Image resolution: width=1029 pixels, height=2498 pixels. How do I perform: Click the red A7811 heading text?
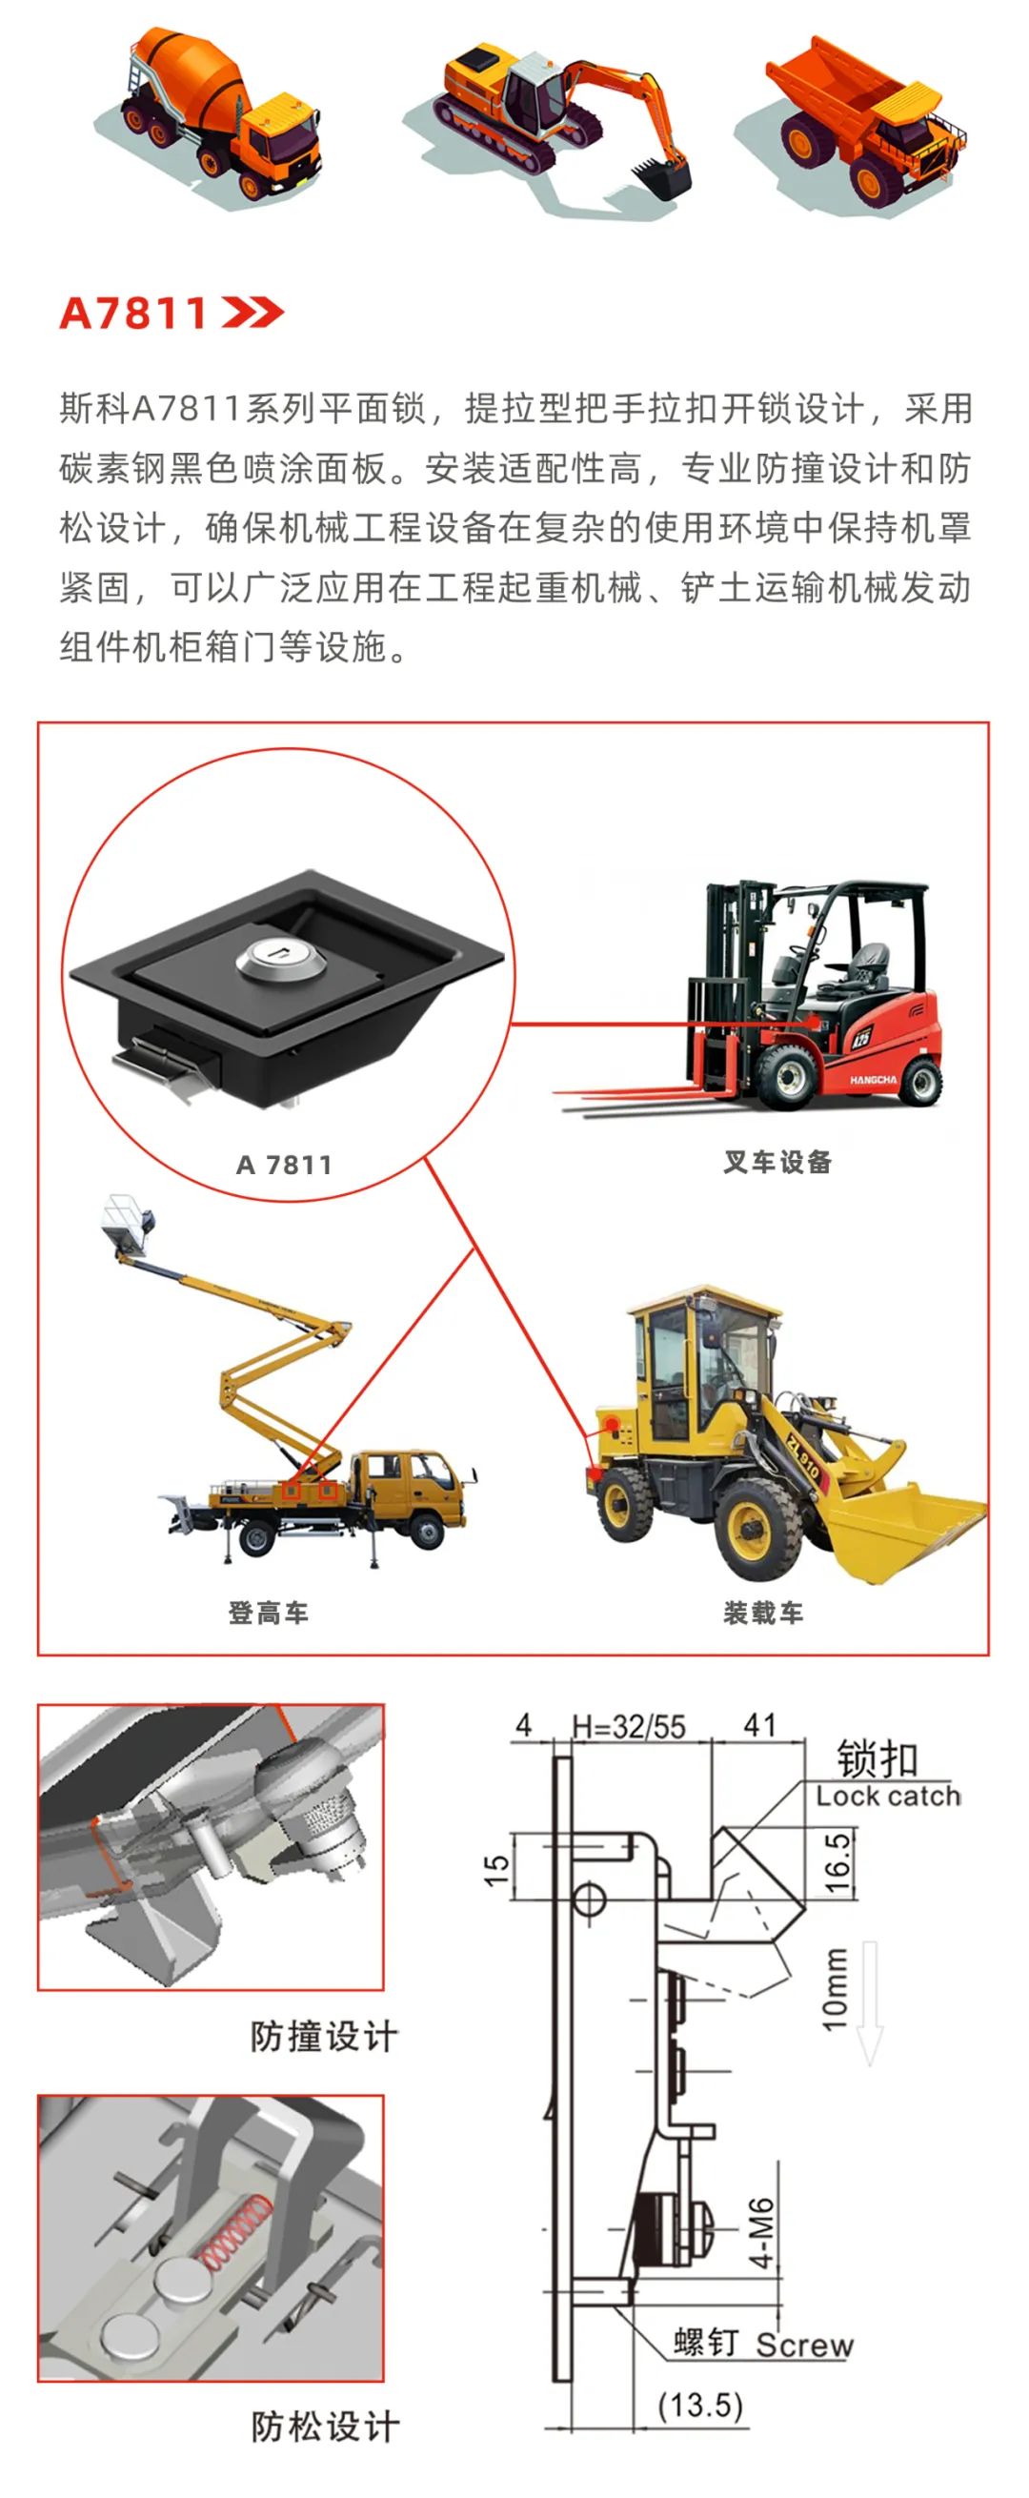tap(132, 314)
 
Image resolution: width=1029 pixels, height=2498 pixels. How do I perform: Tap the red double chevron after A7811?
tap(252, 313)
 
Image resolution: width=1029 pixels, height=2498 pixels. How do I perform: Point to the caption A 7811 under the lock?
tap(283, 1165)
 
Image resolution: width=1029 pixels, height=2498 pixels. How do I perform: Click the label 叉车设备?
tap(777, 1162)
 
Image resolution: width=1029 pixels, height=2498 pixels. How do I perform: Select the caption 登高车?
tap(268, 1613)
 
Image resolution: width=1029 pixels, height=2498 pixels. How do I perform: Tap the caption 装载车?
tap(763, 1613)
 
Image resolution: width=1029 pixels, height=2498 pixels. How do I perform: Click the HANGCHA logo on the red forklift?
tap(873, 1079)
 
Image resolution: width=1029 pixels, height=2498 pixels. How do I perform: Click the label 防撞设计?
tap(324, 2037)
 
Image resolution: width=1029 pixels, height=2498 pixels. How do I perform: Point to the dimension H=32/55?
tap(629, 1727)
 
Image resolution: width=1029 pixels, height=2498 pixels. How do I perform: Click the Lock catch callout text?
tap(888, 1796)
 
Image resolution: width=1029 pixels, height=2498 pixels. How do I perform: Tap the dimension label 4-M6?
tap(762, 2231)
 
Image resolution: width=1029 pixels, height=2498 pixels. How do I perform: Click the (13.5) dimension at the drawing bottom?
tap(700, 2405)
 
